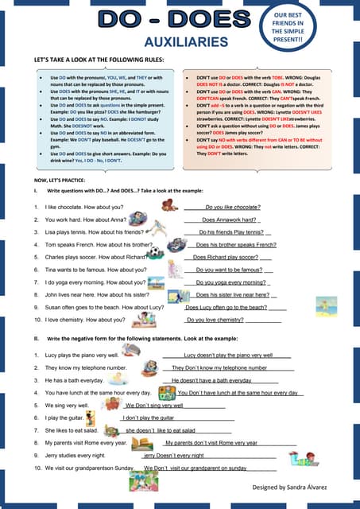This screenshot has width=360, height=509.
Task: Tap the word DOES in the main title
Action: pos(211,20)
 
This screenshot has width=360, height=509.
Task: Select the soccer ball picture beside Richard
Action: pos(157,254)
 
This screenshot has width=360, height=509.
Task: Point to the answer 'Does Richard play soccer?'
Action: pos(226,258)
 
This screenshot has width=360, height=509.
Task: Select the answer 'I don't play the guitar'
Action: pos(148,418)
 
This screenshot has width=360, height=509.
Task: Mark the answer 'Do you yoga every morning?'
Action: pos(231,283)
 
